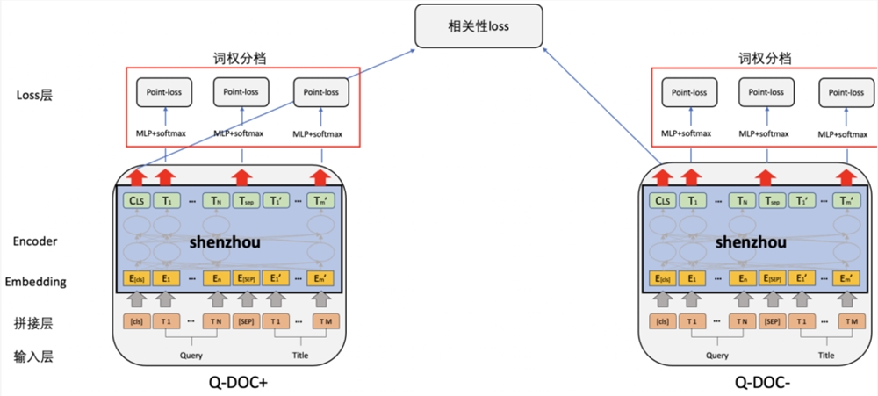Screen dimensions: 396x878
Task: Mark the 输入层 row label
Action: (x=35, y=357)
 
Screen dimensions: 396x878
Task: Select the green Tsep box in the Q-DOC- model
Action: (x=771, y=201)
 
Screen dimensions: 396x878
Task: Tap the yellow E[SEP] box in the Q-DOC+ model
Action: (x=245, y=278)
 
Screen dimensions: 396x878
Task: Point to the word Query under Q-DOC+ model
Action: (x=191, y=356)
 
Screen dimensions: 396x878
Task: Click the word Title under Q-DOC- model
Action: (x=825, y=356)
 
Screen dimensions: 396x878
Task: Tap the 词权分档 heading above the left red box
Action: (x=240, y=59)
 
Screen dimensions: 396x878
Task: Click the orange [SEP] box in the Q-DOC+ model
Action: (x=245, y=321)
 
